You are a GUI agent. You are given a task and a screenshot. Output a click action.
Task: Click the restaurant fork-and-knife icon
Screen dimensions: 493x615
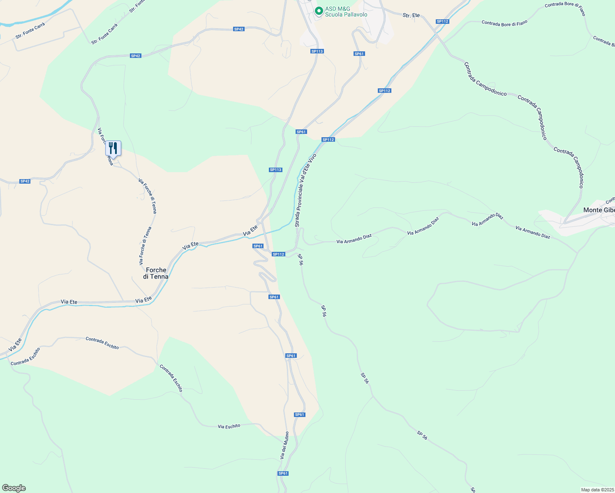coord(113,148)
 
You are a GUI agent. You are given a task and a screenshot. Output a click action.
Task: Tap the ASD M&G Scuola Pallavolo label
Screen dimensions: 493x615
coord(346,12)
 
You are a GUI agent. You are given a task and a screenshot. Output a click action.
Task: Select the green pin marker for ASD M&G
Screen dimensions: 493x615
coord(319,11)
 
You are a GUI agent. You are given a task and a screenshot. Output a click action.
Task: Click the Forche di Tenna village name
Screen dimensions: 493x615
coord(156,273)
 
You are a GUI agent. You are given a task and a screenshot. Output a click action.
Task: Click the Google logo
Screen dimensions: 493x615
coord(14,488)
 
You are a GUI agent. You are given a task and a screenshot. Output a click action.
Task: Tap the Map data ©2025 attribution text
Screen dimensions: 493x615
coord(597,490)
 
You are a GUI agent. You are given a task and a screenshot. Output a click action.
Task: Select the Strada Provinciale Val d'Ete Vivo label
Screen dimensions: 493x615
coord(305,190)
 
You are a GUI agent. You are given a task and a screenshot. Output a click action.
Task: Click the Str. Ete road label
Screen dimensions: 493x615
coord(411,15)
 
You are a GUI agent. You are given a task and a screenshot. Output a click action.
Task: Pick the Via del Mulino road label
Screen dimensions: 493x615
coord(284,445)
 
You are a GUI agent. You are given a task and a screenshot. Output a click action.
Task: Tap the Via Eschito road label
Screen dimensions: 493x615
coord(229,426)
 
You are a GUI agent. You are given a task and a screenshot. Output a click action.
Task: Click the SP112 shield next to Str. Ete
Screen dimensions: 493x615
coord(442,21)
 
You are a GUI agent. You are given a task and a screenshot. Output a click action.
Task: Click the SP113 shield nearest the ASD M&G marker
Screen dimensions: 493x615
coord(317,51)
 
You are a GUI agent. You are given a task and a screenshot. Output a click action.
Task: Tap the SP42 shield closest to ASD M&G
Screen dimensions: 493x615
coord(239,29)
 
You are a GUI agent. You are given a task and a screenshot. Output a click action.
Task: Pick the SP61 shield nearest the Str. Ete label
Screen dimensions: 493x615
coord(359,54)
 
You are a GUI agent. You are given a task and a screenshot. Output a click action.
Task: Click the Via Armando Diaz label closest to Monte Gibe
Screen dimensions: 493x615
coord(533,232)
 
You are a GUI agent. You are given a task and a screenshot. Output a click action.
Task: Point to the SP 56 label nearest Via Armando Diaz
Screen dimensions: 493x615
coord(301,260)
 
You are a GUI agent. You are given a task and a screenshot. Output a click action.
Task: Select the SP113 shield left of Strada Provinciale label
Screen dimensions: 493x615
coord(275,170)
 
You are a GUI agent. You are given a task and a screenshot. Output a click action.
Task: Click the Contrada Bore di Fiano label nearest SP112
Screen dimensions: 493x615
coord(504,23)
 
